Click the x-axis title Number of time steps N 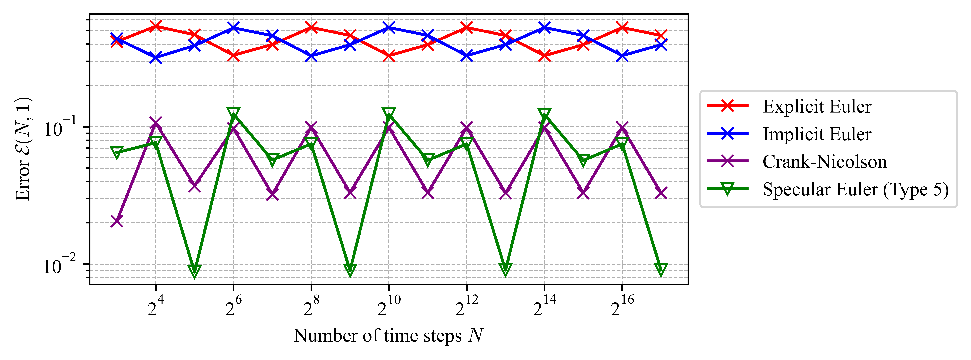[x=388, y=336]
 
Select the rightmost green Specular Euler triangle [x=661, y=269]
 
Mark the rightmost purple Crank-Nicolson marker [x=661, y=193]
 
